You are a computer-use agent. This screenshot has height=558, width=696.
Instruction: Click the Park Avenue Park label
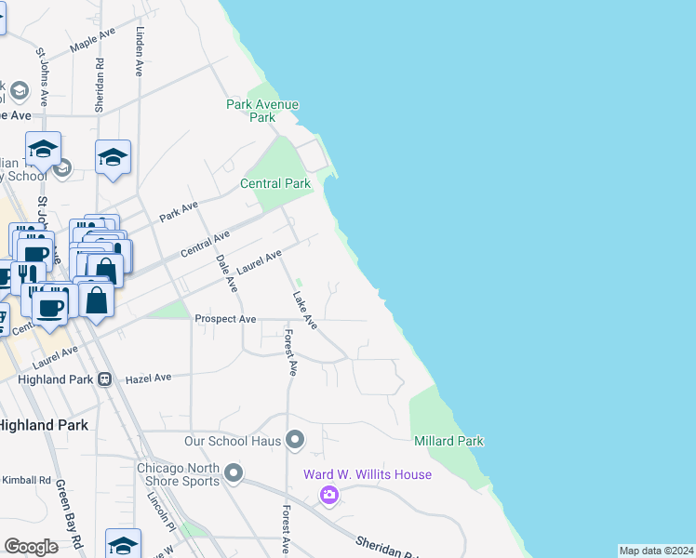262,111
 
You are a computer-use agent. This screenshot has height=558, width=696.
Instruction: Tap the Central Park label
275,183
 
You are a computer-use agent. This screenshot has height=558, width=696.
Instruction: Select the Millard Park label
449,440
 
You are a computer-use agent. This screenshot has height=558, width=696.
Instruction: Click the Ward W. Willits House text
368,474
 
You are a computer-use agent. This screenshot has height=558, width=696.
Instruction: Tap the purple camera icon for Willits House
328,495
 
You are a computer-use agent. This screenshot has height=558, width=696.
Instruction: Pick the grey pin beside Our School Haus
296,439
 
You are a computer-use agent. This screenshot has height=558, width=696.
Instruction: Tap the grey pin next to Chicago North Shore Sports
233,474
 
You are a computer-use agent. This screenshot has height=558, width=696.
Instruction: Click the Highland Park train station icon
105,379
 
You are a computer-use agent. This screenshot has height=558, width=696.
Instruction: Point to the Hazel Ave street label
149,378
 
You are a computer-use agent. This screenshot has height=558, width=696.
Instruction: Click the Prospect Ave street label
225,319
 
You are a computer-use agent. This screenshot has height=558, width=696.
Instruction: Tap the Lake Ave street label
305,311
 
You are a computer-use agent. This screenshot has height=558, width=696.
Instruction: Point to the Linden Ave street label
139,52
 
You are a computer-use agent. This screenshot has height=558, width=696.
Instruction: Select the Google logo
32,547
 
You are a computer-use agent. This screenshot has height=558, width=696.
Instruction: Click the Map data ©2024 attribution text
656,551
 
